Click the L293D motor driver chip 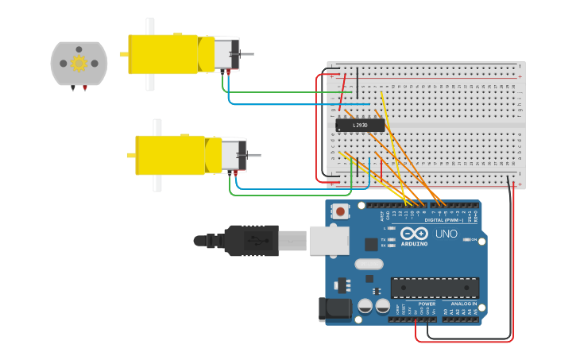(360, 125)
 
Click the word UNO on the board (446, 234)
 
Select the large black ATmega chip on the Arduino (435, 288)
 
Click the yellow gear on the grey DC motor (79, 63)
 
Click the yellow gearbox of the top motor (163, 54)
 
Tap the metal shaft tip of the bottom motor (257, 155)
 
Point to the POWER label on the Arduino (427, 304)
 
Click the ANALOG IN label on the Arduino (464, 304)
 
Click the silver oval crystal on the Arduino (369, 264)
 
